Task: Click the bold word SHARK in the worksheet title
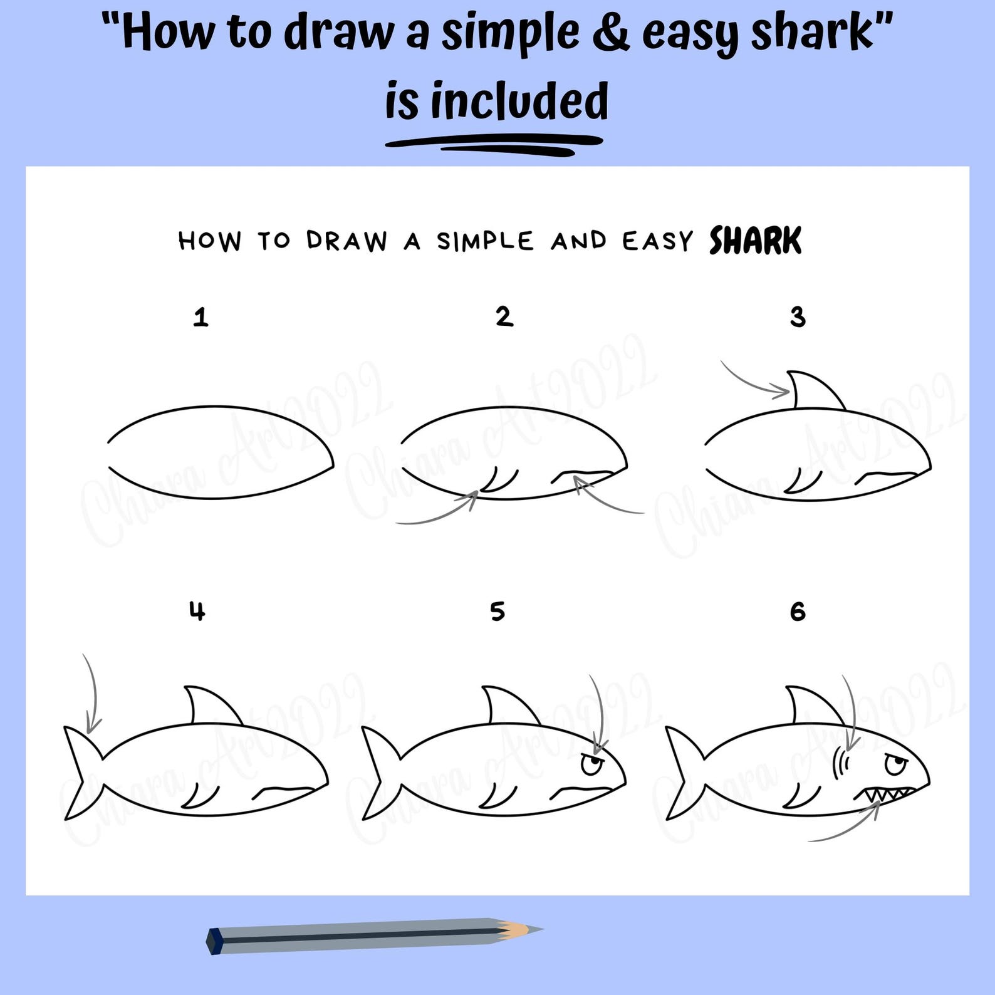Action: tap(754, 241)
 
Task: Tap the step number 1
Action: tap(200, 317)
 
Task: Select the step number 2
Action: tap(504, 316)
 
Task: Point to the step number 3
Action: tap(797, 317)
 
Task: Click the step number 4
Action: tap(197, 611)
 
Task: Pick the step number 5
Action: tap(497, 612)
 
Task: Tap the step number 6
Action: tap(797, 612)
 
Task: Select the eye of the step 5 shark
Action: tap(591, 765)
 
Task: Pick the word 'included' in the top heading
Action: tap(519, 102)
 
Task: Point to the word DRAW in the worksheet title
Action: tap(346, 241)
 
